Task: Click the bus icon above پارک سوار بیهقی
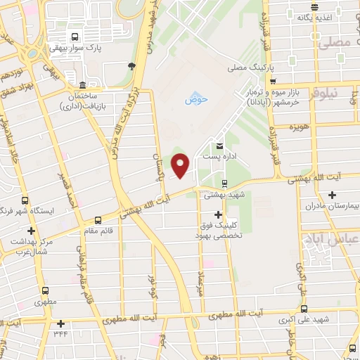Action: point(74,36)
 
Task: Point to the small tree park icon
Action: point(131,66)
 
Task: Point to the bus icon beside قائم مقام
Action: point(97,220)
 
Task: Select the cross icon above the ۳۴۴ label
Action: point(61,324)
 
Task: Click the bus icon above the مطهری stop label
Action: point(46,290)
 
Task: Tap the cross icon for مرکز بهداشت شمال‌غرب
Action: point(30,231)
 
